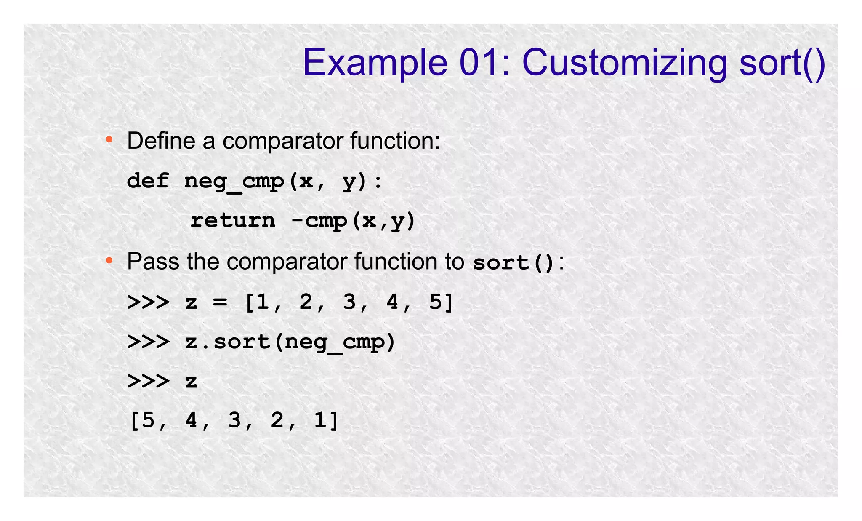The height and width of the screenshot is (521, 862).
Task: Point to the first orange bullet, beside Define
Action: (109, 139)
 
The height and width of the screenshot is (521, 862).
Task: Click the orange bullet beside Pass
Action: (109, 261)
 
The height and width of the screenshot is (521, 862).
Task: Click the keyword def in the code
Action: (148, 181)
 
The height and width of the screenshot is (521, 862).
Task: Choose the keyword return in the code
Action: (233, 220)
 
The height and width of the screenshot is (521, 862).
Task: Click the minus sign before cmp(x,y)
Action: (297, 220)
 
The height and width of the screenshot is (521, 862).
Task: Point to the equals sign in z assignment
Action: (220, 302)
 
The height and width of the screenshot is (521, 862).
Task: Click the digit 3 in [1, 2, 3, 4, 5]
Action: (349, 302)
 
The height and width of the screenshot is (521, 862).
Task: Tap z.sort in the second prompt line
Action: (227, 342)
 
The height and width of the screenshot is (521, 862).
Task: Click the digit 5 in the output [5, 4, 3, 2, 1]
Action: (148, 420)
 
